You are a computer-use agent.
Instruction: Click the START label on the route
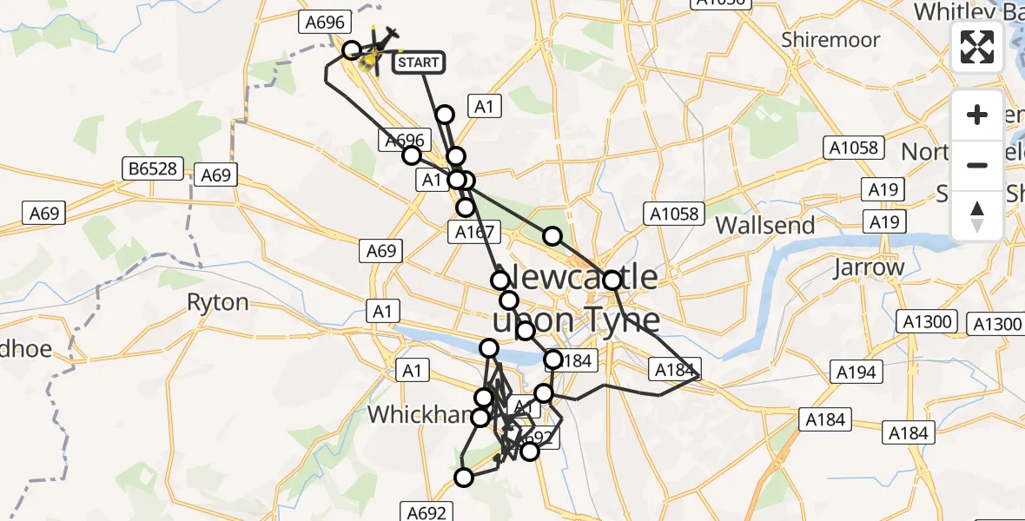419,63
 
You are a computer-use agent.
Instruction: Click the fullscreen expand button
977,46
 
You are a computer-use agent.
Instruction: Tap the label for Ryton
218,302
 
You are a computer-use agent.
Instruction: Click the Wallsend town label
765,226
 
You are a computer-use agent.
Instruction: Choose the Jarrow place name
869,267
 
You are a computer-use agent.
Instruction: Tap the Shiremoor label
830,40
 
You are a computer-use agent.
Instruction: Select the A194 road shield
857,373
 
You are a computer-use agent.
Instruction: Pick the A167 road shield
474,232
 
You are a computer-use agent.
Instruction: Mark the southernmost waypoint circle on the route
464,477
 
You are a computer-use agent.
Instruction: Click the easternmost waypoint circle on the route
612,280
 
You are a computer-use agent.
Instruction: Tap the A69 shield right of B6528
216,175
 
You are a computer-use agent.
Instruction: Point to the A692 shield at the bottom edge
427,511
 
